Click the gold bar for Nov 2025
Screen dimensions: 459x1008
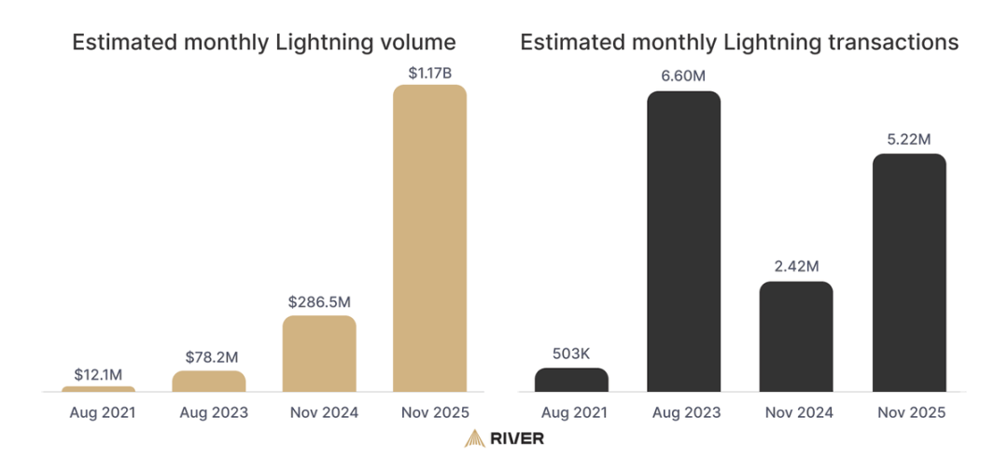tap(429, 238)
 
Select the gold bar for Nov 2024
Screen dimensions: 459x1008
tap(319, 354)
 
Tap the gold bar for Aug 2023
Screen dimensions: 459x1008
tap(209, 381)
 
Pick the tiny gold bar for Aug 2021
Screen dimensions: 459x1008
tap(98, 388)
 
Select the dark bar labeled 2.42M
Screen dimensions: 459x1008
tap(796, 336)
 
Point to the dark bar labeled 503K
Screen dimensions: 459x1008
tap(571, 379)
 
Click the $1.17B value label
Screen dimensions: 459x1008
tap(429, 71)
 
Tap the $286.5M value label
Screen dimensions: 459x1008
tap(319, 301)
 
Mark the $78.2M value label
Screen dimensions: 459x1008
tap(209, 356)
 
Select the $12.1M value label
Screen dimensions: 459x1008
tap(98, 373)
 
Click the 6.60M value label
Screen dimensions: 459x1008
tap(683, 76)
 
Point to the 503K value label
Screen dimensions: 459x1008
tap(571, 354)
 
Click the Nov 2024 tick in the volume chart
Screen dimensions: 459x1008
tap(319, 411)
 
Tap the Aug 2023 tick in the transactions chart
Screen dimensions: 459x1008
tap(683, 411)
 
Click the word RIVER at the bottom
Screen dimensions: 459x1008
tap(520, 438)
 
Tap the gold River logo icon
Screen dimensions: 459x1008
tap(475, 438)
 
